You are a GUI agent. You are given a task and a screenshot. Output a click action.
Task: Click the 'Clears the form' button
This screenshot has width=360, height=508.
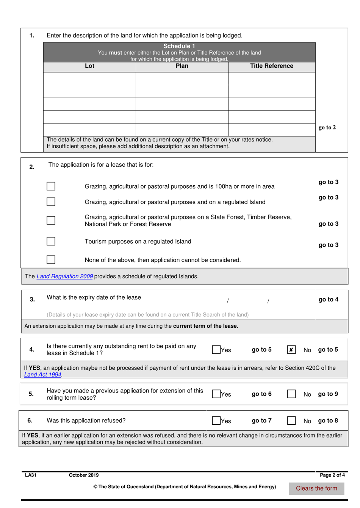click(x=316, y=488)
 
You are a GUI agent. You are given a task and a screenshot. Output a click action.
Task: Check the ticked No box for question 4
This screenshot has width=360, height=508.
click(x=291, y=350)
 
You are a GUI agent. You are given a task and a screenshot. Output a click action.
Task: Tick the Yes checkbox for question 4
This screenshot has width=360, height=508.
click(x=216, y=350)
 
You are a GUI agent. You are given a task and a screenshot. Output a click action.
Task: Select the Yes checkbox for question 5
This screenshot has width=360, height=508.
click(x=216, y=394)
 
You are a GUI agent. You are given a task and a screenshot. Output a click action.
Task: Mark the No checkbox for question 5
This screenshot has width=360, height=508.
click(x=291, y=394)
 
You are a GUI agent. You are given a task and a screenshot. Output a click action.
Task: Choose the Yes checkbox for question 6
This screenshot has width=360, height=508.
click(x=216, y=420)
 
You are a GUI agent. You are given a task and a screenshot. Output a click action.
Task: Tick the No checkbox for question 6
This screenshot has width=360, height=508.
click(x=291, y=420)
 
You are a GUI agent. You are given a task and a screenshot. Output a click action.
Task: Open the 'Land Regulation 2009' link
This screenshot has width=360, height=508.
click(x=64, y=276)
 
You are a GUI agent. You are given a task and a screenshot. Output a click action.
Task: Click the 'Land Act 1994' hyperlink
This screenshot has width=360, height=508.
click(x=43, y=374)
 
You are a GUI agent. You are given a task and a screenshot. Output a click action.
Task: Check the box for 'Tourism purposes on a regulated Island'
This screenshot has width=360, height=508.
click(x=51, y=241)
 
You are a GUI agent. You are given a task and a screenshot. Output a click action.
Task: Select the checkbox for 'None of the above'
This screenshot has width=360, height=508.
click(x=51, y=259)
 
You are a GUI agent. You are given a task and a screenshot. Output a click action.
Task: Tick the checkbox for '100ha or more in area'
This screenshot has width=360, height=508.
click(x=51, y=186)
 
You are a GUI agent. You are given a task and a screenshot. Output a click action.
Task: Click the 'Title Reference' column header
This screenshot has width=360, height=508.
click(x=271, y=66)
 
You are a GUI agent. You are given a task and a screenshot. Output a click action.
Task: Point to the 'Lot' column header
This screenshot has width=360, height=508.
click(x=89, y=66)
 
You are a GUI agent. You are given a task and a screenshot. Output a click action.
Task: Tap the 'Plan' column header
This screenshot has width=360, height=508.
click(x=182, y=66)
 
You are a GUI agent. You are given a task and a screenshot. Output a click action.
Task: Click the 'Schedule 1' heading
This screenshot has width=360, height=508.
click(x=179, y=46)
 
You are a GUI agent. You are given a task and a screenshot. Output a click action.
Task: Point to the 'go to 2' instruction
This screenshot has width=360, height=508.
click(x=327, y=127)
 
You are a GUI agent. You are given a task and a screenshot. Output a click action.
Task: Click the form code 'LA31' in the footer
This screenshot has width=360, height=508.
click(x=30, y=475)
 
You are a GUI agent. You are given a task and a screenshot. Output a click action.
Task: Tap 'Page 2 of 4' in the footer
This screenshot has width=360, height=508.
click(x=332, y=475)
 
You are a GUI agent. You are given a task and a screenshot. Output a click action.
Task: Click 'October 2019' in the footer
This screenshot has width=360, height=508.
click(x=84, y=475)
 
